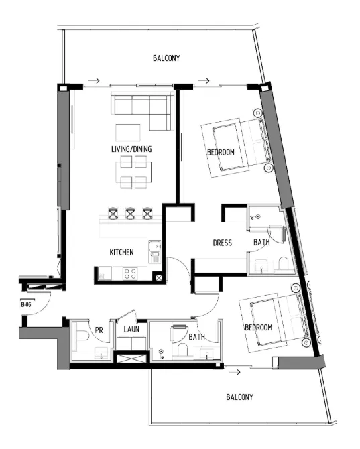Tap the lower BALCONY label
tap(239, 397)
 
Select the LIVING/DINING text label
tap(131, 149)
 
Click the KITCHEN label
tap(122, 252)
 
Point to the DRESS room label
tap(222, 243)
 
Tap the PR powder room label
tap(99, 330)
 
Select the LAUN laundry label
tap(131, 329)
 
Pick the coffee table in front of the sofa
tap(129, 131)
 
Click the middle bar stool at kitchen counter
tap(131, 213)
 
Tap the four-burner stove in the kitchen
tap(129, 273)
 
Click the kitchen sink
tap(154, 249)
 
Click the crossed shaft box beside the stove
tap(158, 277)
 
